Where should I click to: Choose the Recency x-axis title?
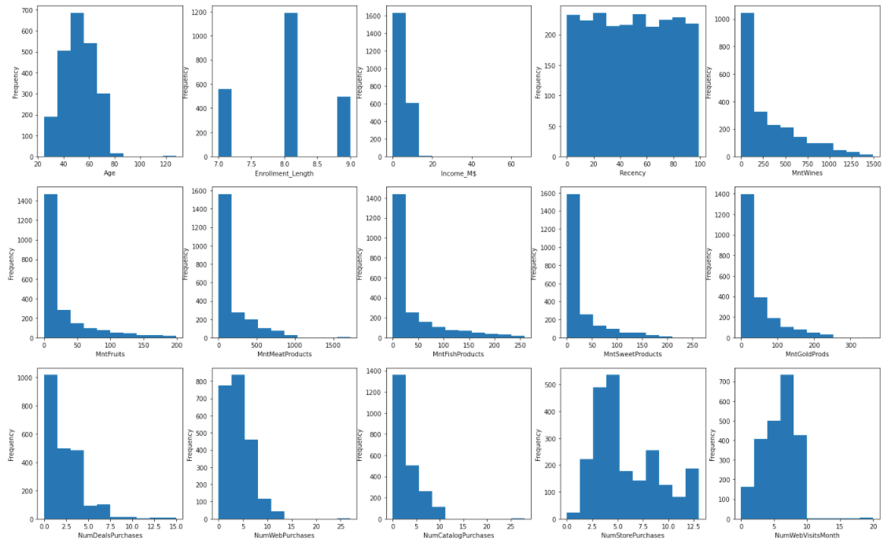point(632,173)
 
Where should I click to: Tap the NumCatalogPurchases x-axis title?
point(458,535)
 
